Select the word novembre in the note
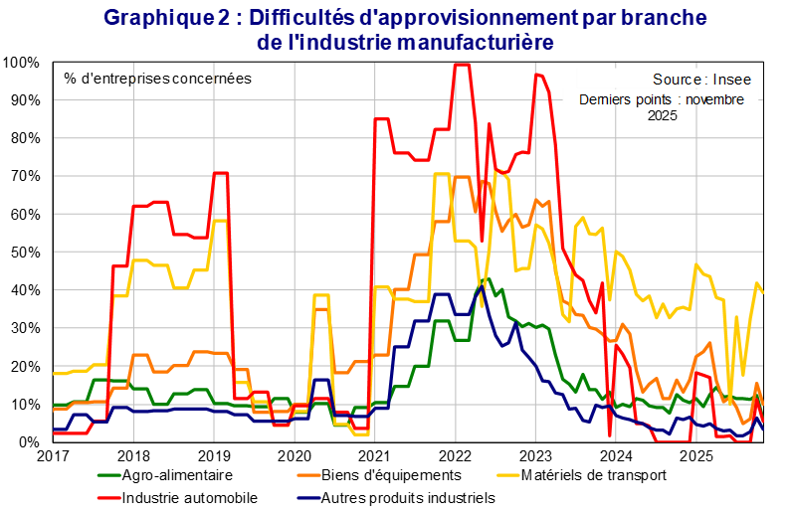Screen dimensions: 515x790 coord(714,99)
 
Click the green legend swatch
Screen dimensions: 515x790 coord(109,474)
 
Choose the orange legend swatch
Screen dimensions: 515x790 coord(308,474)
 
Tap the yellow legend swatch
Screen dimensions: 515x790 coord(508,474)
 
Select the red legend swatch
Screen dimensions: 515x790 coord(109,496)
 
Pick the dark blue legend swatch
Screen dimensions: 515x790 coord(308,496)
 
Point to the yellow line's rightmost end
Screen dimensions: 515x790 coord(763,292)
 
